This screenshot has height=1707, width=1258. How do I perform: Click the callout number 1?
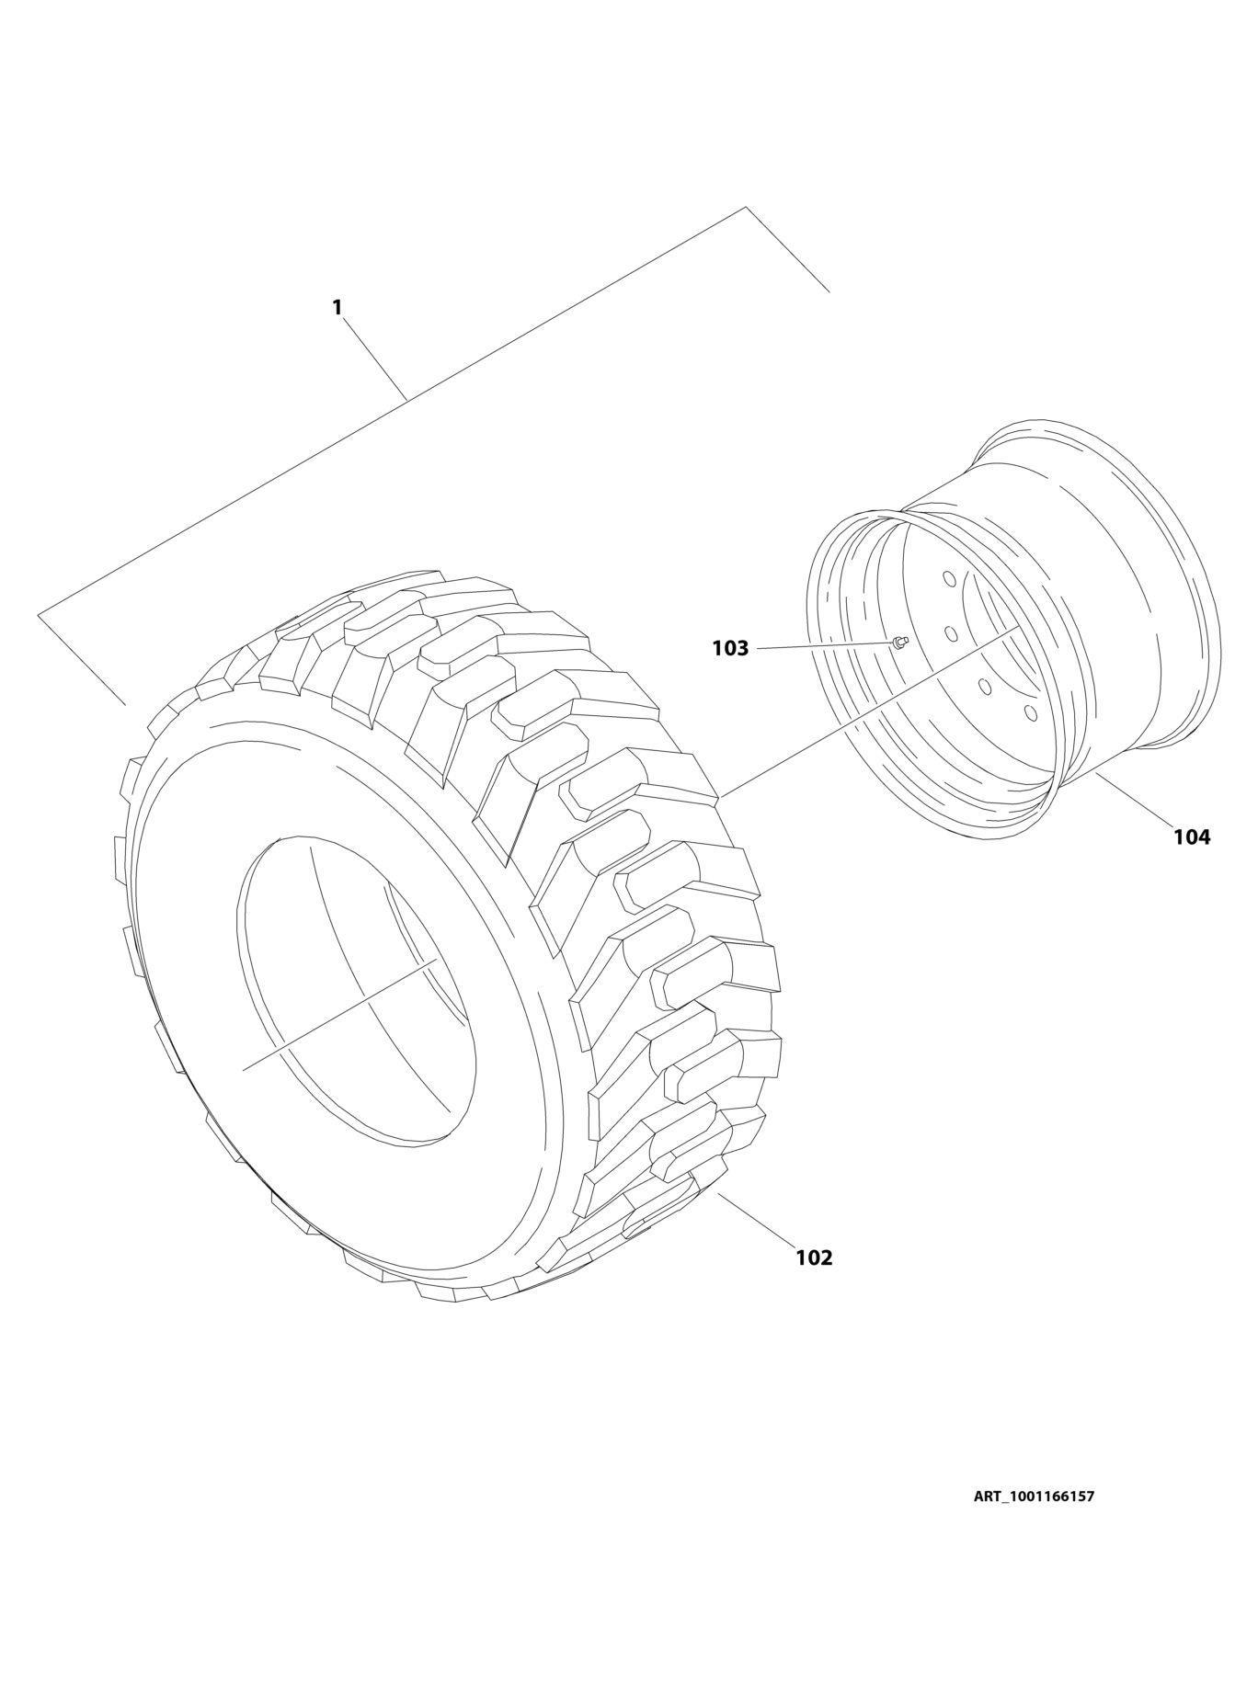tap(337, 307)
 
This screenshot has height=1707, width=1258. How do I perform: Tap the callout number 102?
tap(814, 1257)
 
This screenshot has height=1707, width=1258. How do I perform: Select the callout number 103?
tap(730, 649)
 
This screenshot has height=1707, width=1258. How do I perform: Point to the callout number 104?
tap(1191, 836)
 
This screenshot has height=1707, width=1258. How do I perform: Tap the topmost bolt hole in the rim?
tap(947, 579)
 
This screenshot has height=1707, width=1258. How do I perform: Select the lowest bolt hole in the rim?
tap(1030, 712)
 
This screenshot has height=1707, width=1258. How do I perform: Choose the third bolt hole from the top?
tap(984, 686)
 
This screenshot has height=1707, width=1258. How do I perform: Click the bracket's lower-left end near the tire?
tap(124, 704)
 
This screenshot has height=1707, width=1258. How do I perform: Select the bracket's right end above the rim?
tap(829, 291)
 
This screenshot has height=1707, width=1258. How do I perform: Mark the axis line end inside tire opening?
tap(245, 1069)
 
